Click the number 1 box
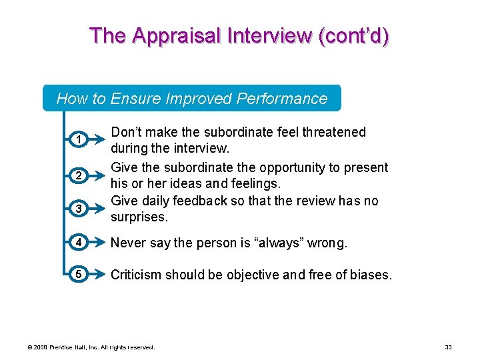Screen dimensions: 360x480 [78, 140]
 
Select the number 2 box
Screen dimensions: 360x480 [78, 175]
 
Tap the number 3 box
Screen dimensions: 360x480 [78, 209]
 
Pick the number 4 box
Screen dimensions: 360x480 [78, 243]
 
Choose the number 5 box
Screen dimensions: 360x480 [78, 275]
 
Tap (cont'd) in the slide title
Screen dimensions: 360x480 [354, 35]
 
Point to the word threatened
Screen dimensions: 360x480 [331, 132]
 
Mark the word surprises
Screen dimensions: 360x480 [139, 217]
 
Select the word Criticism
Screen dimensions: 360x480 [137, 275]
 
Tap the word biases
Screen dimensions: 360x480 [370, 275]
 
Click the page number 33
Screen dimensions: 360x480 [448, 347]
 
